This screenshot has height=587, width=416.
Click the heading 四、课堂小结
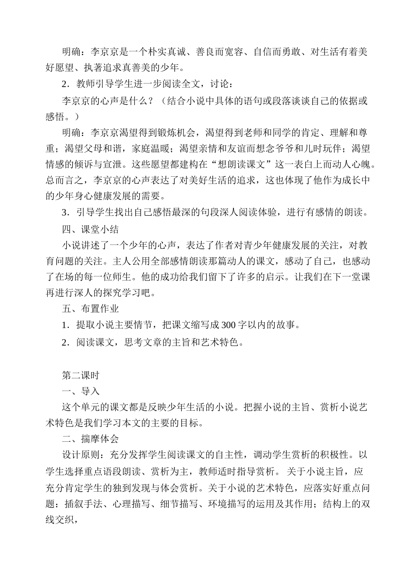coord(90,229)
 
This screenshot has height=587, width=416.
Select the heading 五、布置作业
coord(90,309)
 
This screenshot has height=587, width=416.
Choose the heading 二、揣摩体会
coord(90,439)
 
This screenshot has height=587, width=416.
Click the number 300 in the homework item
coord(229,325)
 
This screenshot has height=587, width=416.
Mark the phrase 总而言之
coord(65,181)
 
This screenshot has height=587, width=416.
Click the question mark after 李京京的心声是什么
coord(151,101)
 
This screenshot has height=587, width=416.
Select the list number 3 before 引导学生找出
coord(65,213)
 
